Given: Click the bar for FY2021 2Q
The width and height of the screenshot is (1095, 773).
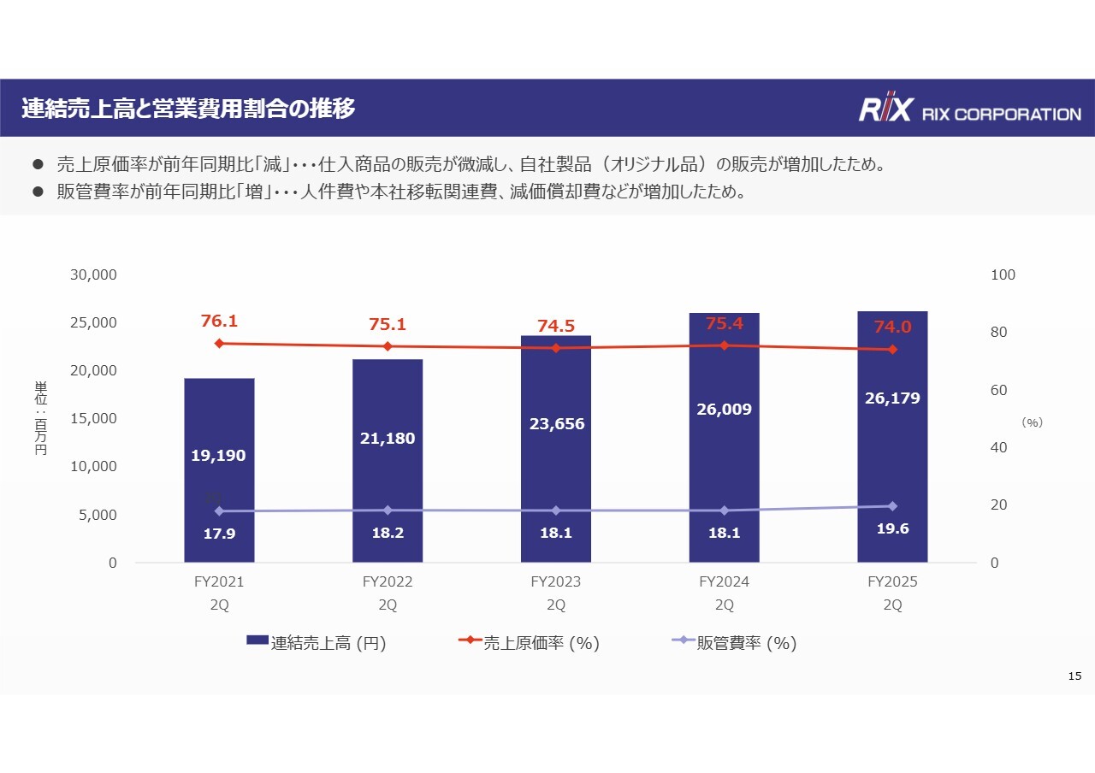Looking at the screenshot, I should pos(219,469).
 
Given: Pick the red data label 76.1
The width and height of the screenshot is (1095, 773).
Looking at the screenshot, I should pos(219,322).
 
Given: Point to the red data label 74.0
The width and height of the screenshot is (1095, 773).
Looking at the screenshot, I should pos(892,327).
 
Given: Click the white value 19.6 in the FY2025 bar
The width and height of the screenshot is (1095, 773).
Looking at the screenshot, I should pos(892,529).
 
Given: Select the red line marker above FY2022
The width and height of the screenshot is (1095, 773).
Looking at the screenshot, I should pos(388,346).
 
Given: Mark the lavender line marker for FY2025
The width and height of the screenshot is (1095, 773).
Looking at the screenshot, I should pos(892,506).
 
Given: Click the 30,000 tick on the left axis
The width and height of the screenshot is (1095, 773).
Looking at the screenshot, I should pos(93,275).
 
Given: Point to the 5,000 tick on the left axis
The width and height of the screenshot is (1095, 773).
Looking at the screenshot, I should pos(98,515).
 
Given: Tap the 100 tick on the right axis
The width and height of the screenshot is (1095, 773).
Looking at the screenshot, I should pos(1003,275).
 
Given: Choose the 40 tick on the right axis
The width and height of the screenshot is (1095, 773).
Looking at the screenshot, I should pos(999,448).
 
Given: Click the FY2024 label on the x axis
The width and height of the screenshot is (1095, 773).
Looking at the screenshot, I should pos(724,582).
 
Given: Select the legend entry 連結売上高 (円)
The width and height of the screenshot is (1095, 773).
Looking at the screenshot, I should pos(316,644).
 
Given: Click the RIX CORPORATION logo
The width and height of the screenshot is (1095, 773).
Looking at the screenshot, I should pos(969,109).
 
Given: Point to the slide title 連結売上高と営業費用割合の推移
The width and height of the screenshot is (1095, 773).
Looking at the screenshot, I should pos(188,109).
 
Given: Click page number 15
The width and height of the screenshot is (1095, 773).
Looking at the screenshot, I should pos(1075,676).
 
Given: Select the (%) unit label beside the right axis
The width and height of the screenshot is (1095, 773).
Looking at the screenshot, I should pos(1033,422).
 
